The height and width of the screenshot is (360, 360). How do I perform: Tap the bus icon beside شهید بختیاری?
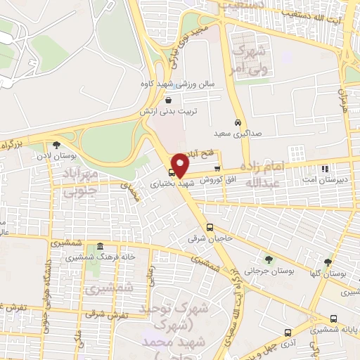pyautogui.click(x=172, y=172)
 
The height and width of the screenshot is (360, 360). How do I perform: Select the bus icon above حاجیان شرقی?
pyautogui.click(x=210, y=227)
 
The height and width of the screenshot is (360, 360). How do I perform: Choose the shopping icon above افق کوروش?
pyautogui.click(x=217, y=169)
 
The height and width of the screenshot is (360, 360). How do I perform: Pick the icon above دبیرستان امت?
pyautogui.click(x=324, y=169)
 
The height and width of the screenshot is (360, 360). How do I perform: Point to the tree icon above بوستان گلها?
pyautogui.click(x=328, y=262)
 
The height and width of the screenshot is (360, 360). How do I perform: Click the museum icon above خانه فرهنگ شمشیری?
pyautogui.click(x=101, y=246)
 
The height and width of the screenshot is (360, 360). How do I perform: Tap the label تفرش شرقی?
pyautogui.click(x=114, y=315)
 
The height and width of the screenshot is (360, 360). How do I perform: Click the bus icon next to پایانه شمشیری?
pyautogui.click(x=332, y=318)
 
